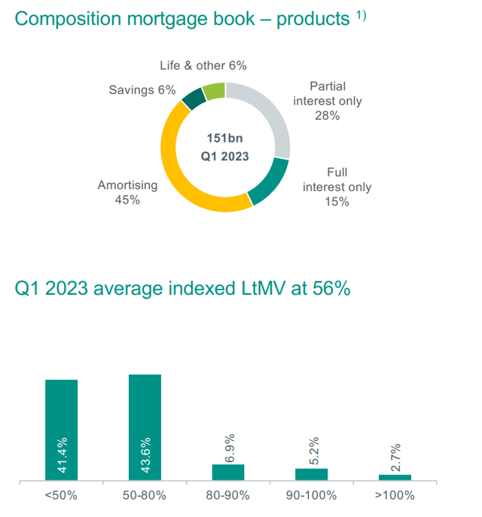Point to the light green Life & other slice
pyautogui.click(x=214, y=90)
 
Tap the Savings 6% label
pyautogui.click(x=142, y=90)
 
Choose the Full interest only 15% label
pyautogui.click(x=337, y=187)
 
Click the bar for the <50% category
pyautogui.click(x=62, y=430)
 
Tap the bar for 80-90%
pyautogui.click(x=228, y=472)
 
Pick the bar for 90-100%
pyautogui.click(x=311, y=474)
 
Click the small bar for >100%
pyautogui.click(x=395, y=477)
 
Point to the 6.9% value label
pyautogui.click(x=229, y=448)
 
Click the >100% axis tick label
pyautogui.click(x=395, y=495)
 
